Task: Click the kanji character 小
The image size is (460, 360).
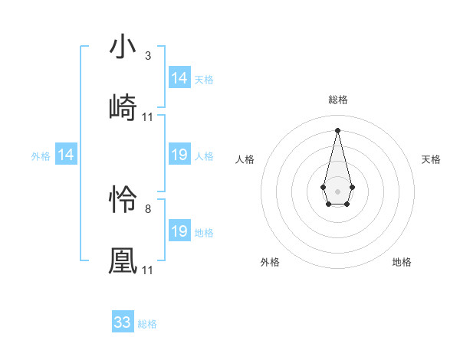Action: point(123,47)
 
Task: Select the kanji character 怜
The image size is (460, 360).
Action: point(123,201)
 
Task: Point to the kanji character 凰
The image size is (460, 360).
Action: point(123,261)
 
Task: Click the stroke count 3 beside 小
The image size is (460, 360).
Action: point(147,56)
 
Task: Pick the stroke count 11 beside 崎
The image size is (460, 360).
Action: point(147,116)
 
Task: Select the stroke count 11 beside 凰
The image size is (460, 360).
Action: point(147,270)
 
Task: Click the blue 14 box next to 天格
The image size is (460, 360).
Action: point(179,78)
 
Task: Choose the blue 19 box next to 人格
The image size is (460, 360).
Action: point(179,155)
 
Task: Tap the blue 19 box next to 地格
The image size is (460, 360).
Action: point(179,231)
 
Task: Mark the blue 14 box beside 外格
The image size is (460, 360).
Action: point(66,155)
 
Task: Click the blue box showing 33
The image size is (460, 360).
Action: point(123,322)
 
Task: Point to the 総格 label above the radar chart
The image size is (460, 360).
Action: point(338,100)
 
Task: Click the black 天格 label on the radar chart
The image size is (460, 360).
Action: point(432,159)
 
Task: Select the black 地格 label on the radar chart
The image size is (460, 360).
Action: point(402,262)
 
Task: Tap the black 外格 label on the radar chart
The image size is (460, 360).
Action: point(270,262)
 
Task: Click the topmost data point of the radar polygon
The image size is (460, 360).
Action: point(337,129)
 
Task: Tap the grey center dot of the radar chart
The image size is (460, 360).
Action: point(337,190)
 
